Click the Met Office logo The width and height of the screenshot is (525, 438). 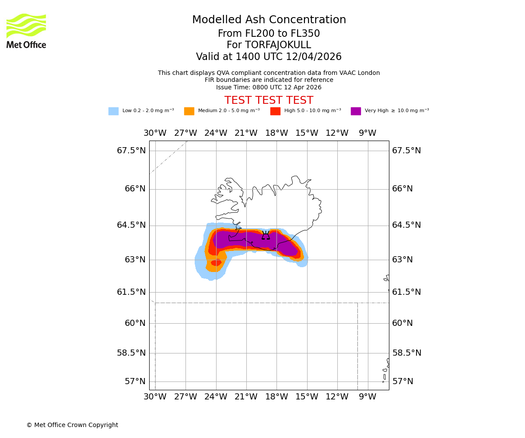click(26, 31)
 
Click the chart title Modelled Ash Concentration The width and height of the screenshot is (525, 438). click(269, 20)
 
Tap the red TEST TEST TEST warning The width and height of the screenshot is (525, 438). click(269, 101)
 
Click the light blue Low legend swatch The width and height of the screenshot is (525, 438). click(113, 111)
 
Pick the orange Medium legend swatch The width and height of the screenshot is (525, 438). click(189, 111)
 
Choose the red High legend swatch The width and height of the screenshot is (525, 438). click(275, 111)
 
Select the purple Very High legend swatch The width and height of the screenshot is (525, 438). click(356, 111)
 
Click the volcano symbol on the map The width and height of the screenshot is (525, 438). click(266, 236)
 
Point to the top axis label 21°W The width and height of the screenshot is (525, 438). click(246, 133)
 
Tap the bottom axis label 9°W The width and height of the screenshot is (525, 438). click(367, 397)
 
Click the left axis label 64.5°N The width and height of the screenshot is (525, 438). click(131, 225)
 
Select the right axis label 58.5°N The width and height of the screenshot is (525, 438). click(407, 353)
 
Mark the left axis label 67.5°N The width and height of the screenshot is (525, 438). click(131, 151)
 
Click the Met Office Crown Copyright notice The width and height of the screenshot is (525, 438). click(72, 425)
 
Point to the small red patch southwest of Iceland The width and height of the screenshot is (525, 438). click(216, 263)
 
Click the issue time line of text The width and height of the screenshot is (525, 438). click(269, 87)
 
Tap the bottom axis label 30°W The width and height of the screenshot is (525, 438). click(155, 397)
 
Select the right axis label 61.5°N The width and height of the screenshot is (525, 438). click(406, 292)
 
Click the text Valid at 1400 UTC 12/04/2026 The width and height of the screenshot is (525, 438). click(269, 57)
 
